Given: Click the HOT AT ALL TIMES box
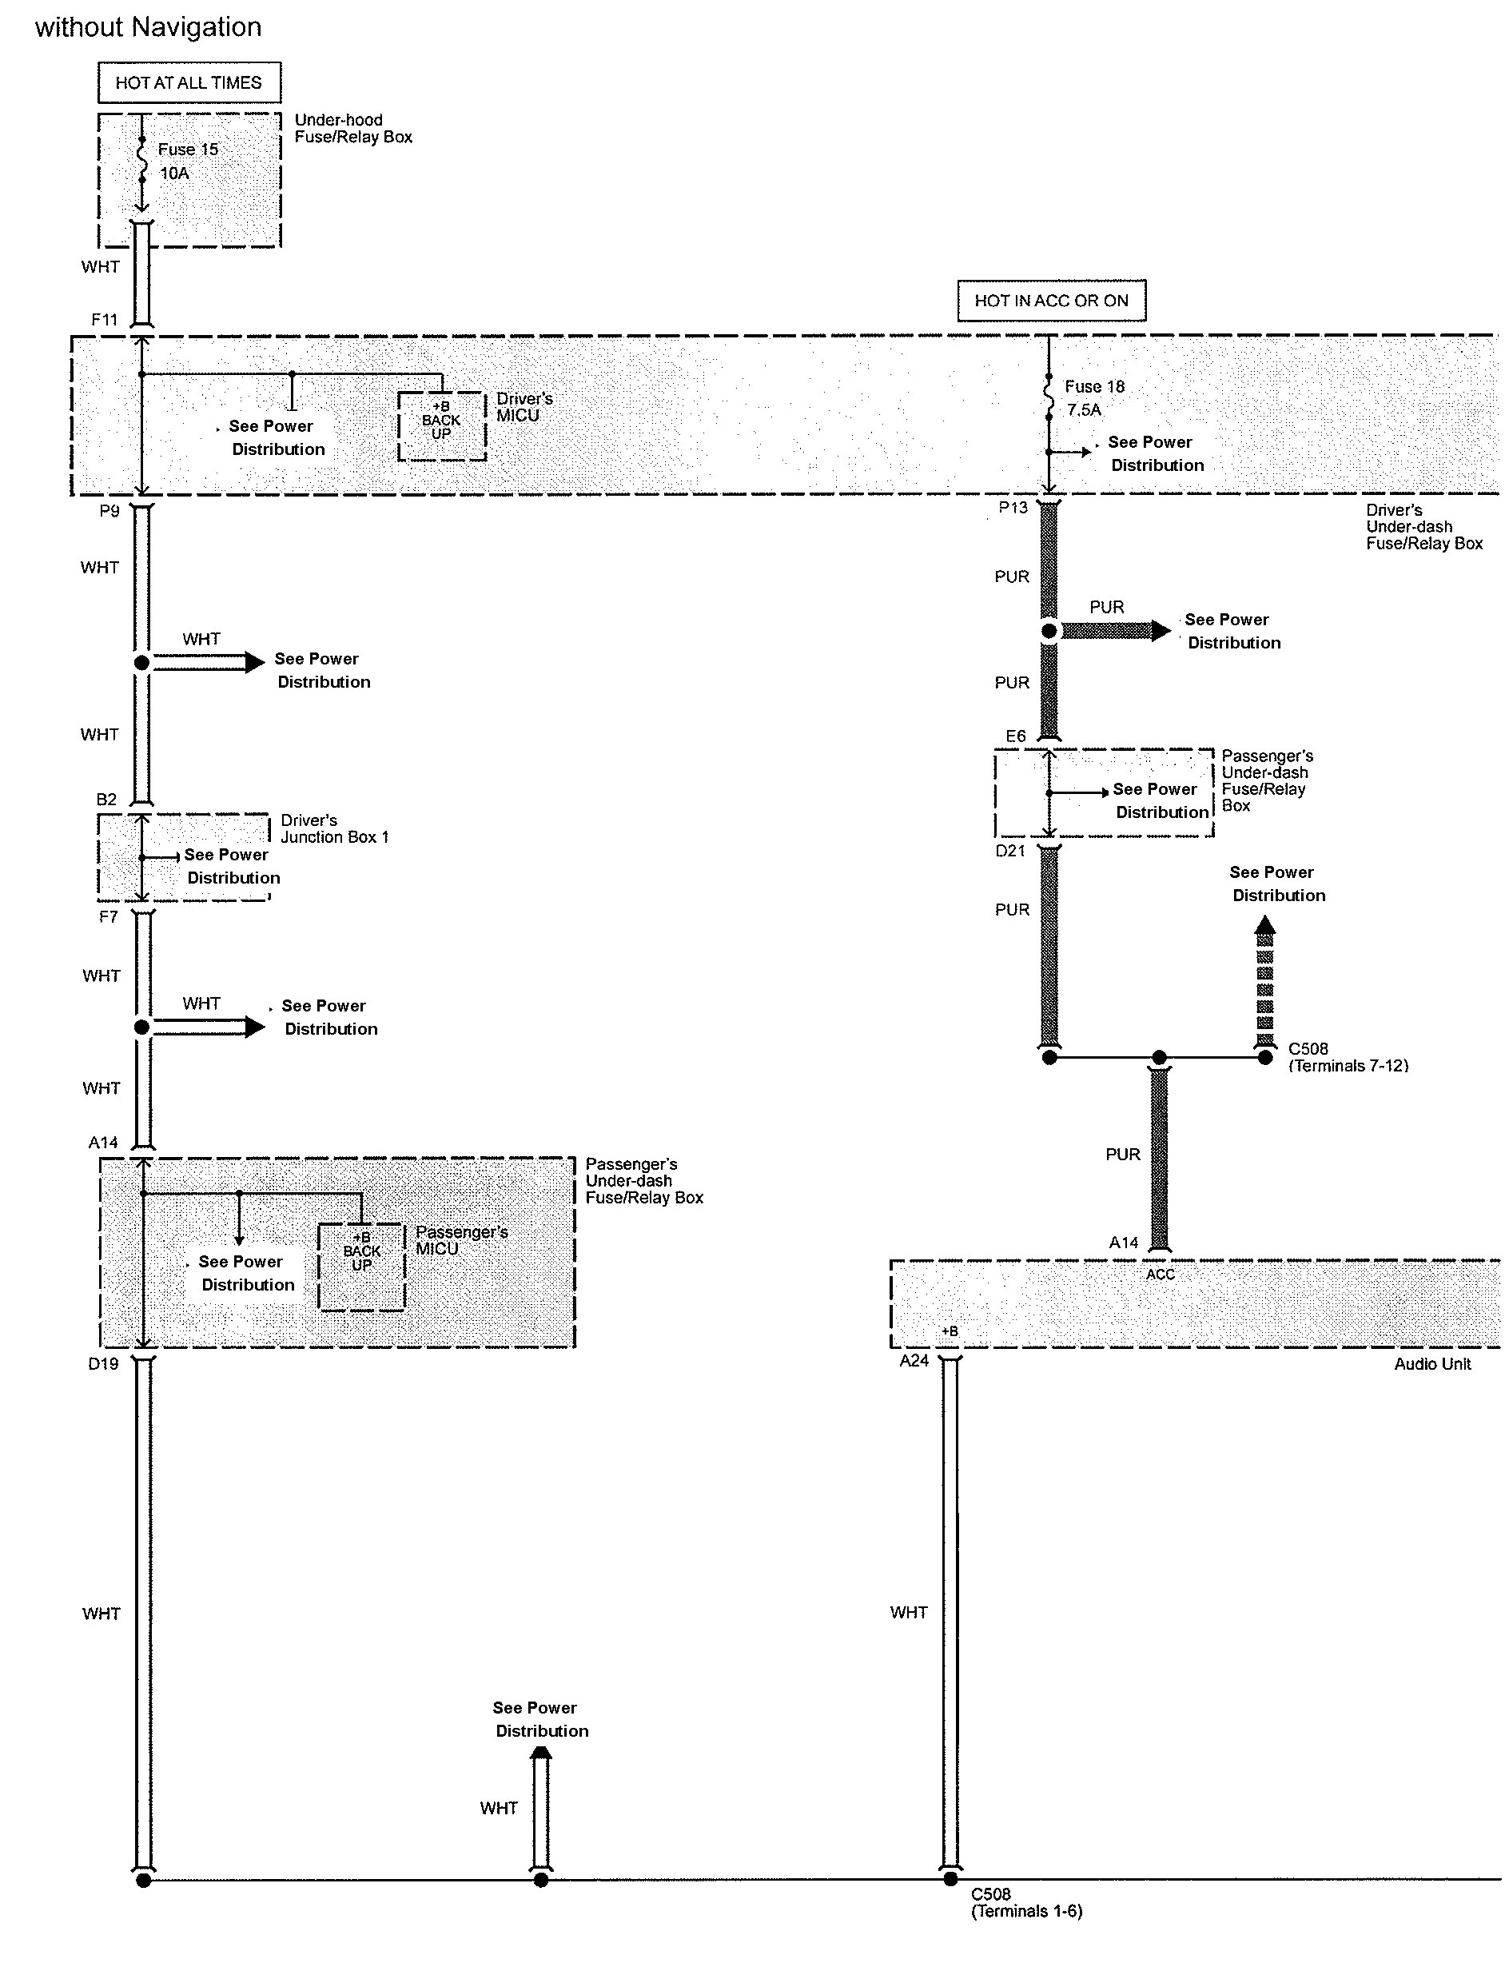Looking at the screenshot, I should coord(189,82).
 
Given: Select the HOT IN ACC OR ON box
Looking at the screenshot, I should coord(1051,300).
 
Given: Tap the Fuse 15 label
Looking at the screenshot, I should coord(188,150).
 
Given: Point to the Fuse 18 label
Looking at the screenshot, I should coord(1094,387).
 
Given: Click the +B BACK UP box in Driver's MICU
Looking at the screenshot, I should coord(441,426).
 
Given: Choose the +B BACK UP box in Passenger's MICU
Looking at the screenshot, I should coord(361,1266).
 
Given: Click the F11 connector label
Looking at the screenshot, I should coord(104,320).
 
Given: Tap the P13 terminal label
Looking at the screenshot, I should coord(1013,509).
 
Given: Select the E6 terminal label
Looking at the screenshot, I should coord(1015,736).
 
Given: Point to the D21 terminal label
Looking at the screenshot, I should coord(1009,851).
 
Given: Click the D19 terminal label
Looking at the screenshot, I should coord(103,1364).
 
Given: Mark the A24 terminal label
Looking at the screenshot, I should coord(914,1361).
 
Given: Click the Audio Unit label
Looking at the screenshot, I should coord(1431,1364).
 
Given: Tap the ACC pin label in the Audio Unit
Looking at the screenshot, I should coord(1160,1275).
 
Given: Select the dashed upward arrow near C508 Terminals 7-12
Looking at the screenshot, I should coord(1264,983).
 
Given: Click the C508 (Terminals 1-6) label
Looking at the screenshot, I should coord(1025,1903).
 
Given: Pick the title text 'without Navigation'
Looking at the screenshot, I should coord(148,28).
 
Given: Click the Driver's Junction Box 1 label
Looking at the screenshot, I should coord(334,828).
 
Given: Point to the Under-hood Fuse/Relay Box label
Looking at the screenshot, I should coord(353,129).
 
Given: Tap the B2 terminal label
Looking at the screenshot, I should coord(106,800).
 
